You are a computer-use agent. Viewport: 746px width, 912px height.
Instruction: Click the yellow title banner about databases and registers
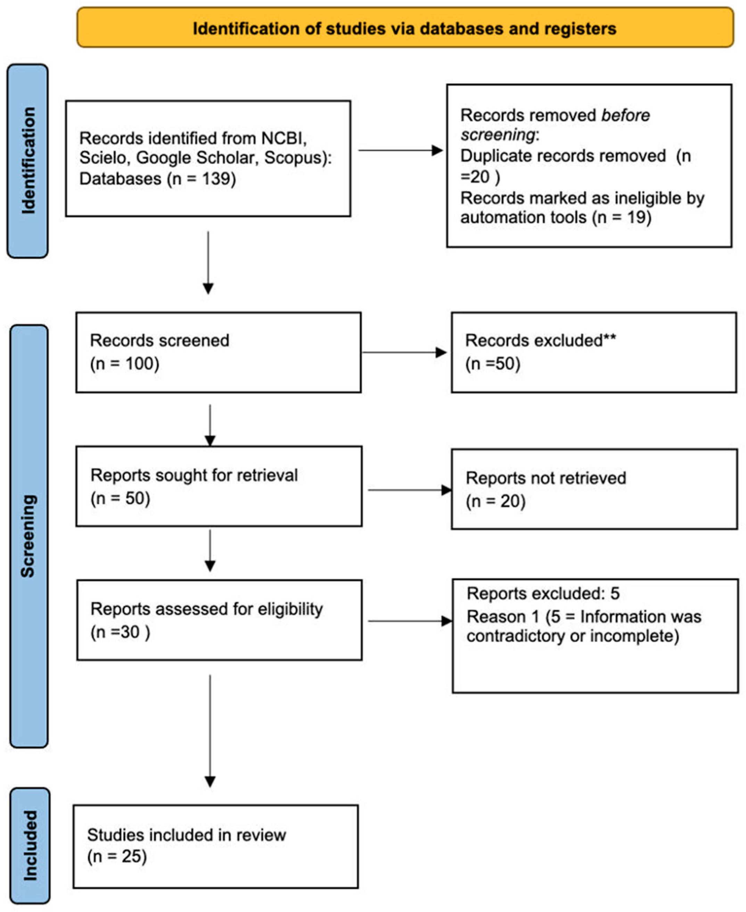coord(405,28)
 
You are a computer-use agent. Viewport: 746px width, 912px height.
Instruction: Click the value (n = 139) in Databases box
coord(201,178)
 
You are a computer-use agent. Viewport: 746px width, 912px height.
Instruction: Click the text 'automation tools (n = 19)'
coord(555,218)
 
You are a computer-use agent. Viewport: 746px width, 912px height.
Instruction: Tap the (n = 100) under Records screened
coord(125,364)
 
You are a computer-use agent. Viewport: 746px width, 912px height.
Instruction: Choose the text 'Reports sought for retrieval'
coord(194,475)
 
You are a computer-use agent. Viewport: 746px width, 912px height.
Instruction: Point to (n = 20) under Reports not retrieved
coord(495,501)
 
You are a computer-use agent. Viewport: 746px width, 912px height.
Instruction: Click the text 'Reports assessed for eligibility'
coord(206,609)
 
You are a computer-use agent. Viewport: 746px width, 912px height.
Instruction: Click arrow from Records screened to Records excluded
coord(404,352)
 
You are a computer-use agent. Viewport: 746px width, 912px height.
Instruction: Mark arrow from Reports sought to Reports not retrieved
coord(409,490)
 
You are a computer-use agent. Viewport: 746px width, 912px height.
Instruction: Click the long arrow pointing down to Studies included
coord(210,731)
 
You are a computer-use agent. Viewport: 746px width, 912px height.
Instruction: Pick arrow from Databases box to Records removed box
coord(400,150)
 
